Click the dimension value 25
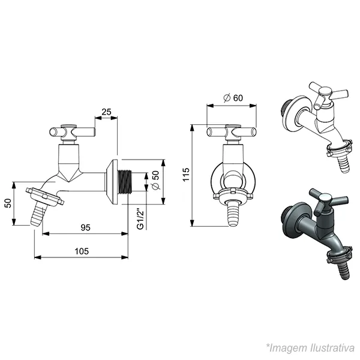point(106,112)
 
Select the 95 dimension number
point(85,227)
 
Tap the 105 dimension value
point(82,251)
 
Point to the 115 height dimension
point(186,175)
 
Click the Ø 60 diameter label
point(233,98)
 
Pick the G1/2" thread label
point(140,219)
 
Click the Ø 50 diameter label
point(156,181)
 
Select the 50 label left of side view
point(8,203)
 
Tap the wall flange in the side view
point(112,182)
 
